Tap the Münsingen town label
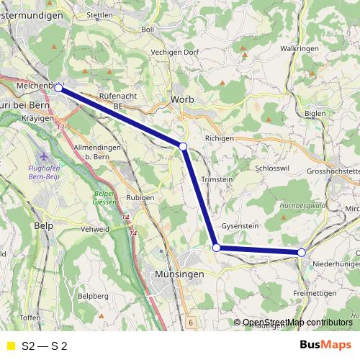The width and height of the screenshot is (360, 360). pyautogui.click(x=179, y=274)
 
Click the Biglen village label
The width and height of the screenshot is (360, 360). pyautogui.click(x=315, y=113)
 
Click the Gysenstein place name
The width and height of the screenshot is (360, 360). pyautogui.click(x=240, y=225)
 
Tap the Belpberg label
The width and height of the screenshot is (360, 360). pyautogui.click(x=92, y=296)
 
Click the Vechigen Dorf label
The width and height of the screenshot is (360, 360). pyautogui.click(x=174, y=53)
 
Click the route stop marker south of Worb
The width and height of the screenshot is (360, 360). pyautogui.click(x=183, y=146)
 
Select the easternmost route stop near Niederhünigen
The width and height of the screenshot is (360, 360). pyautogui.click(x=301, y=252)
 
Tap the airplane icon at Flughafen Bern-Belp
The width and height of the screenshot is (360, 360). pyautogui.click(x=47, y=155)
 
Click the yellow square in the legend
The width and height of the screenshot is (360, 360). pyautogui.click(x=10, y=346)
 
